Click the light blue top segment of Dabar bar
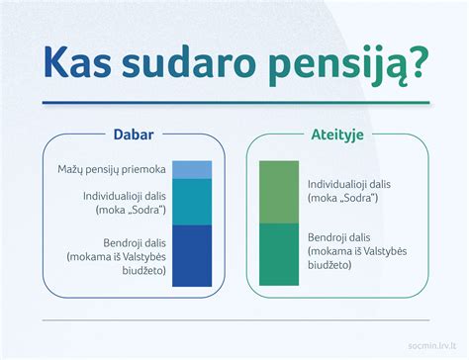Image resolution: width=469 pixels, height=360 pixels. [192, 169]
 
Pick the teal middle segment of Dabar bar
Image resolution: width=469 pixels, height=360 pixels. [192, 202]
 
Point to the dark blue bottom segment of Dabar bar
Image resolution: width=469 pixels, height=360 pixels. [192, 255]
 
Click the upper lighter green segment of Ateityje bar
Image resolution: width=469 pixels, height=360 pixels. [278, 192]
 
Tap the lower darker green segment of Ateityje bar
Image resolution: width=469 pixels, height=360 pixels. [278, 253]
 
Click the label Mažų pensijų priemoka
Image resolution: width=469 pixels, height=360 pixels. [111, 170]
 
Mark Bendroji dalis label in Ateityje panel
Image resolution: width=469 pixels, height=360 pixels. [338, 237]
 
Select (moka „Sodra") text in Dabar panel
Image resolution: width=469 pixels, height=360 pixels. [129, 211]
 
